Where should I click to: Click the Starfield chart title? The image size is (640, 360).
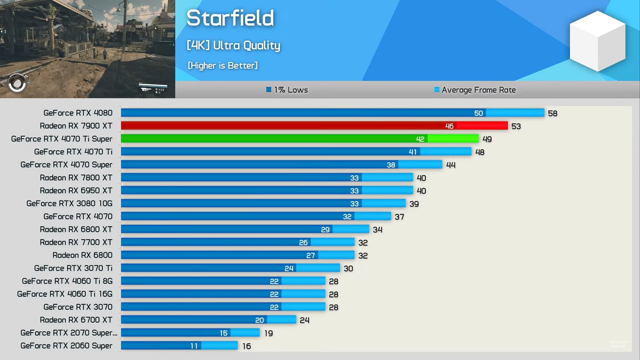(x=230, y=18)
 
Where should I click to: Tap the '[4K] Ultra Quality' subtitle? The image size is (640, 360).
(x=233, y=45)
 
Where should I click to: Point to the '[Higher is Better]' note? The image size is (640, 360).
(x=223, y=65)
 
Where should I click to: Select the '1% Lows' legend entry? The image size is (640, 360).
(x=287, y=90)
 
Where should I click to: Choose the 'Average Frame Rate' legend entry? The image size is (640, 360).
(x=475, y=90)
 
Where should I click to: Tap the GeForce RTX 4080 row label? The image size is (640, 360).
(x=78, y=113)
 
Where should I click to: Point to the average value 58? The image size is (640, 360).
(x=552, y=113)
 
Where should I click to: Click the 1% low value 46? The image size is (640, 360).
(x=449, y=126)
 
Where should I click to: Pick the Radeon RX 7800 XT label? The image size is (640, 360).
(x=76, y=178)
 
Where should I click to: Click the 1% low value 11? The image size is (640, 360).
(x=194, y=346)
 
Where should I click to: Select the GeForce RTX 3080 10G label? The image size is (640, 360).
(x=69, y=203)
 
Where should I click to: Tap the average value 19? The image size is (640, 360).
(x=268, y=333)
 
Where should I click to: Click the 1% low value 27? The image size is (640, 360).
(x=310, y=256)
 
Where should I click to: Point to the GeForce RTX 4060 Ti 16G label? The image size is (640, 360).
(x=65, y=294)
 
